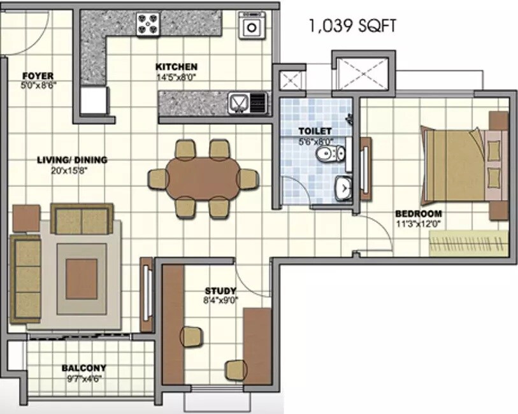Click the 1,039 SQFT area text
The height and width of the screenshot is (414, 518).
click(x=352, y=25)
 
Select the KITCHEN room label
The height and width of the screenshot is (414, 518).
click(x=176, y=66)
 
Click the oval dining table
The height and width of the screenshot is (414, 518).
click(x=203, y=178)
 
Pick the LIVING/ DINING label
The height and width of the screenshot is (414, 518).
click(x=71, y=160)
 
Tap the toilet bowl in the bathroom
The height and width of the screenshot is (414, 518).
click(x=333, y=153)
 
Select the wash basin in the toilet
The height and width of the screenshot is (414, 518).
click(x=343, y=187)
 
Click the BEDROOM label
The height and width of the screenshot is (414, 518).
click(x=417, y=213)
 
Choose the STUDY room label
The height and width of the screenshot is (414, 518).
click(x=220, y=291)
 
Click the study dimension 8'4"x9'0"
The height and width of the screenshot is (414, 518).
click(x=220, y=300)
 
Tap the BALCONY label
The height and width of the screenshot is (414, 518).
click(x=83, y=368)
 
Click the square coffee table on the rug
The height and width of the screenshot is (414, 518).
click(x=82, y=279)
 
